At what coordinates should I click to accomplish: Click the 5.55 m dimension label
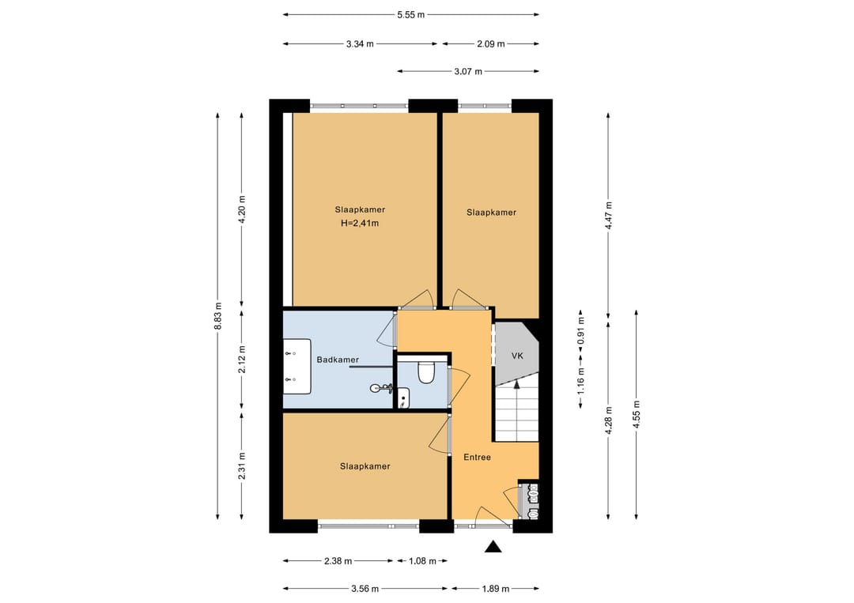click(410, 15)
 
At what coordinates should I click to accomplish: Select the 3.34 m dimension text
click(360, 44)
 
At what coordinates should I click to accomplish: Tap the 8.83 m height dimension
click(218, 316)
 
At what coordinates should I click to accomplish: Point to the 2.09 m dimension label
click(491, 44)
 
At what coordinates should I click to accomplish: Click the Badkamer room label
click(338, 360)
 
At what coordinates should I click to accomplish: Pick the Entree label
click(477, 457)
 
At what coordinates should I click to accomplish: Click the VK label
click(517, 356)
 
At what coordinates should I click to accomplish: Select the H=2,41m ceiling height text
click(360, 223)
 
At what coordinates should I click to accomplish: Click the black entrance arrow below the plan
click(493, 547)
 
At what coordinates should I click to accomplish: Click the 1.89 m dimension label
click(496, 588)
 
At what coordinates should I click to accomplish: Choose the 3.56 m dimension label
click(365, 588)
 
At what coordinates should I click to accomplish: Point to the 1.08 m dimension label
click(422, 561)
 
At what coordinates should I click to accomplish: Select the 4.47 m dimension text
click(609, 216)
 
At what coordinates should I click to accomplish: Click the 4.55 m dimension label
click(636, 415)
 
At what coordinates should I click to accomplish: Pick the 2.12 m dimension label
click(243, 360)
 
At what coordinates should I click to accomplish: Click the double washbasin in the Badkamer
click(297, 366)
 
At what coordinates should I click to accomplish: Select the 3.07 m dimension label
click(468, 71)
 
